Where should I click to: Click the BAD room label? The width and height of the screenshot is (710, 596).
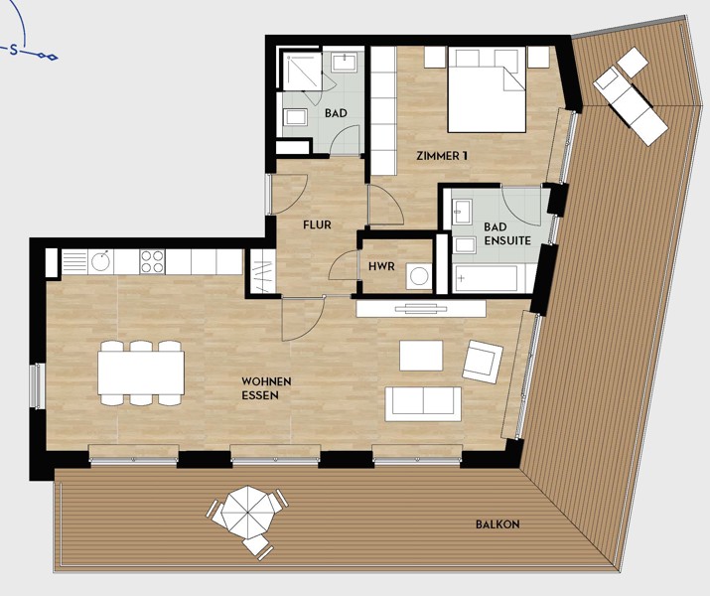pos(336,113)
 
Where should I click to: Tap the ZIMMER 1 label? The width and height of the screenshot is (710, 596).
pos(442,156)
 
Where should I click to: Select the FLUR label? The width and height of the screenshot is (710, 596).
pos(318,224)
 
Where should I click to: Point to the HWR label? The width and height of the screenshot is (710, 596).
pos(381,266)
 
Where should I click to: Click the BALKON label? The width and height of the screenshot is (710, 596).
pos(497,524)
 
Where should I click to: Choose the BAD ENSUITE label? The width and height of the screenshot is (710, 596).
pos(507,233)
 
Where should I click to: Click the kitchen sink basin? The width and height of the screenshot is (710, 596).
pos(99,262)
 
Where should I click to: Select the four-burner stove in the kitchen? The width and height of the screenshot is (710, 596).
pos(152,262)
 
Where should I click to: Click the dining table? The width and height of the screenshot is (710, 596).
pos(141,373)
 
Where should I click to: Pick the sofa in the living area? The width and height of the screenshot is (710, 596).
pos(423,404)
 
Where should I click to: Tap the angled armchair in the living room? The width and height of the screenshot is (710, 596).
pos(483,362)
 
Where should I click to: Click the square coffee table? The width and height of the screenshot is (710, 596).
pos(421,356)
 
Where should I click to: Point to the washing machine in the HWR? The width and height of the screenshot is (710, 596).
pos(418,276)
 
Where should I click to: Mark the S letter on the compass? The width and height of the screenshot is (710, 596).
pos(14,51)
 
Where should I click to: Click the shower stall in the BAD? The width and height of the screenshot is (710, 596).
pos(303,72)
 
